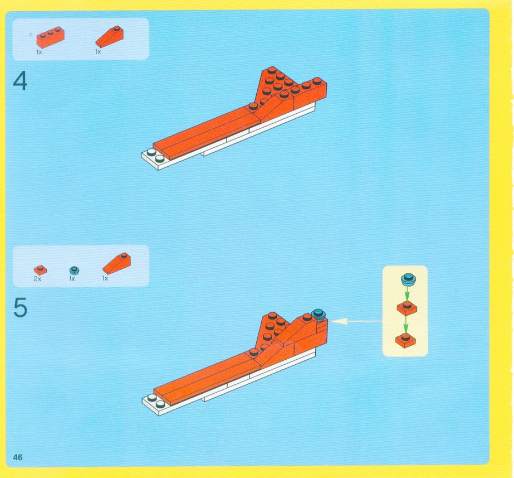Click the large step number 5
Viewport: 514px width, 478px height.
[x=20, y=308]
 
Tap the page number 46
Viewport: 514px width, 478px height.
[x=18, y=457]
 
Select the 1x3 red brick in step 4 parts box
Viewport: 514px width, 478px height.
[x=50, y=37]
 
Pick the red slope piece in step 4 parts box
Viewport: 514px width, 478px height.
[x=110, y=36]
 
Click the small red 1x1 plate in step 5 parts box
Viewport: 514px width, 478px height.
[x=40, y=270]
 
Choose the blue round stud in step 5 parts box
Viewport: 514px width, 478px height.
[x=75, y=271]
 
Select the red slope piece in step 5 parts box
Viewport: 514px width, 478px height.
[x=116, y=263]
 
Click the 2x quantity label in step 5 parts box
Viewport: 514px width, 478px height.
[x=37, y=279]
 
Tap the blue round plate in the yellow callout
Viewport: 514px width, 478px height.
[x=409, y=279]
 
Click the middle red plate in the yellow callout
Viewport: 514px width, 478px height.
[x=407, y=308]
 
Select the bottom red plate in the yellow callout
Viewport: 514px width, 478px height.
[x=405, y=340]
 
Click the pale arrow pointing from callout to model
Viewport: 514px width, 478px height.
[x=357, y=321]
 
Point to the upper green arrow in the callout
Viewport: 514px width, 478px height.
[x=407, y=293]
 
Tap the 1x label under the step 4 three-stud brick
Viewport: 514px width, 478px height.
[x=39, y=52]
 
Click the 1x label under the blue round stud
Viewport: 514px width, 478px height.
[x=72, y=278]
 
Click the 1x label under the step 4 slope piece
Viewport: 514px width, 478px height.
[x=98, y=51]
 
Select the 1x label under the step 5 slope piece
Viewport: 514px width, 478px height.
[x=105, y=278]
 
